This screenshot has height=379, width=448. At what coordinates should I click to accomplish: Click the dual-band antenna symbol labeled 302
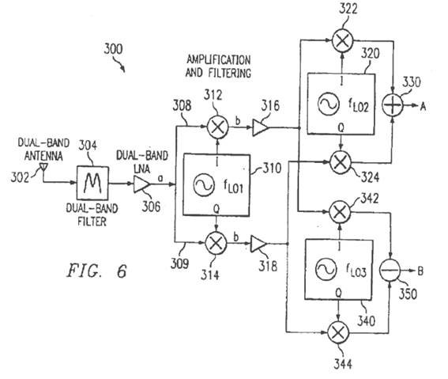[x=43, y=166]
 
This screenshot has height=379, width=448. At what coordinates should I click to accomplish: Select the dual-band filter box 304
[x=92, y=183]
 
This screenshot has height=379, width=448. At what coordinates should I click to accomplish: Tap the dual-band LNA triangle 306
[x=141, y=184]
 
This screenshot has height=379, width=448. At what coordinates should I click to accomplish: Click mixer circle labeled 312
[x=218, y=127]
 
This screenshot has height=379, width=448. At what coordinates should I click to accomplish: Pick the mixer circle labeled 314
[x=216, y=243]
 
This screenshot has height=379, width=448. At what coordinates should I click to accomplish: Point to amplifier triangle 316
[x=260, y=127]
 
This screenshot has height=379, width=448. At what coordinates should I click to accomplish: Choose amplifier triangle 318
[x=258, y=244]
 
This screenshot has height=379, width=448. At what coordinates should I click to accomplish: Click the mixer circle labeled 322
[x=343, y=41]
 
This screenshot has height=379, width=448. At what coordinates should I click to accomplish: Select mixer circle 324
[x=341, y=162]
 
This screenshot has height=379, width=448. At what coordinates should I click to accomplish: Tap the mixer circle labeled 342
[x=340, y=212]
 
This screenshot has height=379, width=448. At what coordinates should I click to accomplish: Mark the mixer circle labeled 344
[x=338, y=332]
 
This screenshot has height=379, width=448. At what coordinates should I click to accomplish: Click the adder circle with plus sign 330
[x=393, y=104]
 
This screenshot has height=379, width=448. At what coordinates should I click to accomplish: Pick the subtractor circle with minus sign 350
[x=390, y=271]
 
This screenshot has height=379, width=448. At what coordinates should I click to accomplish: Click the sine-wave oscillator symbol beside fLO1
[x=204, y=185]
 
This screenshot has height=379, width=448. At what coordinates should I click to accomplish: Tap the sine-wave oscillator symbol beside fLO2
[x=328, y=104]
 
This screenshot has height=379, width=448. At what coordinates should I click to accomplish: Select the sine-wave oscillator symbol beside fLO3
[x=326, y=269]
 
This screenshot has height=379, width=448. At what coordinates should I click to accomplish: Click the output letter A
[x=423, y=106]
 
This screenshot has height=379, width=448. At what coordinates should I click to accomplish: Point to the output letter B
[x=420, y=271]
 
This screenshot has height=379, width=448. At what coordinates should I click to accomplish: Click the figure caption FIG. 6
[x=96, y=271]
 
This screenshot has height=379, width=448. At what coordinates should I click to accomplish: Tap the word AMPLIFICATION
[x=219, y=60]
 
